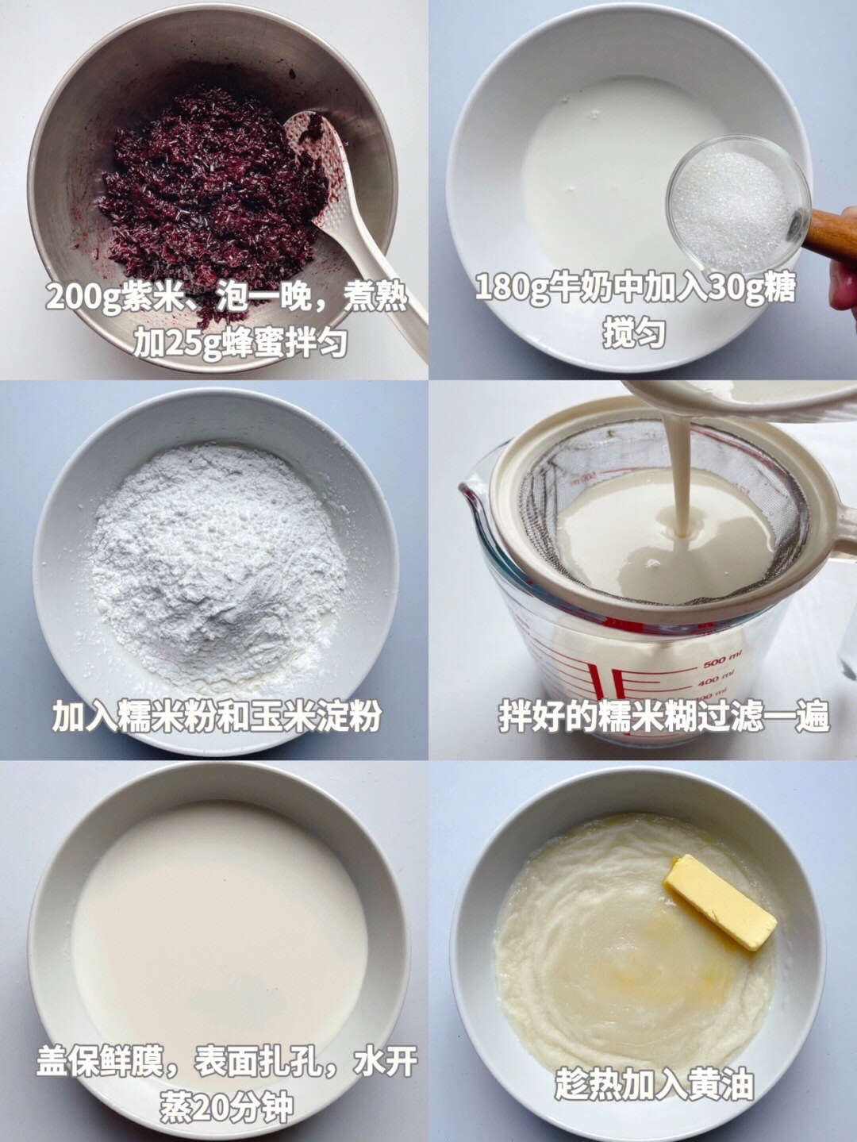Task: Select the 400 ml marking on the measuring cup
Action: coord(720,679)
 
